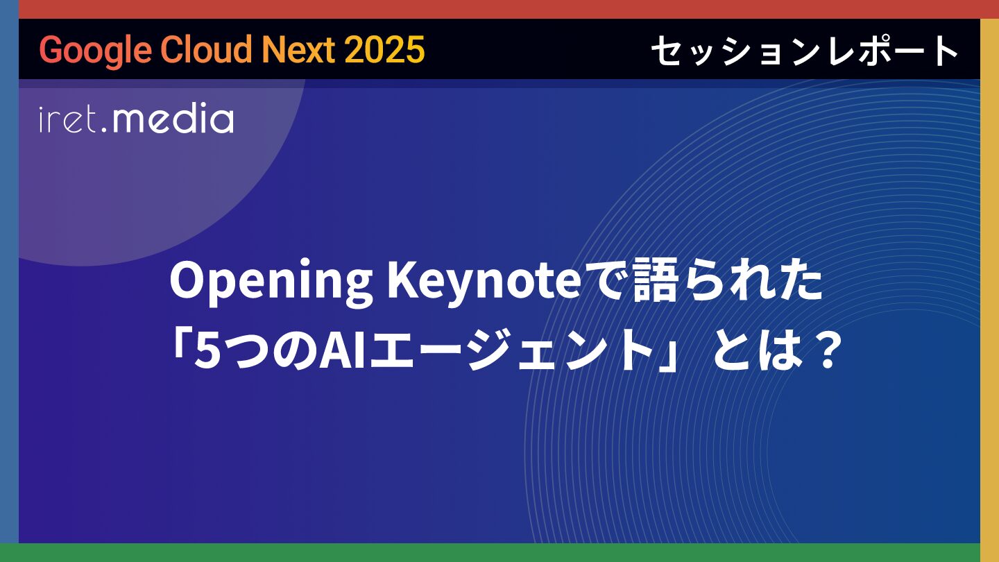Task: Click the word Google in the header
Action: coord(95,50)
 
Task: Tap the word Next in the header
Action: coord(298,49)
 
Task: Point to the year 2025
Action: coord(384,49)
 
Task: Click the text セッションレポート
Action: coord(805,51)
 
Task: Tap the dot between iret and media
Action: coord(104,130)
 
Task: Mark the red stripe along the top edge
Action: coord(499,10)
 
